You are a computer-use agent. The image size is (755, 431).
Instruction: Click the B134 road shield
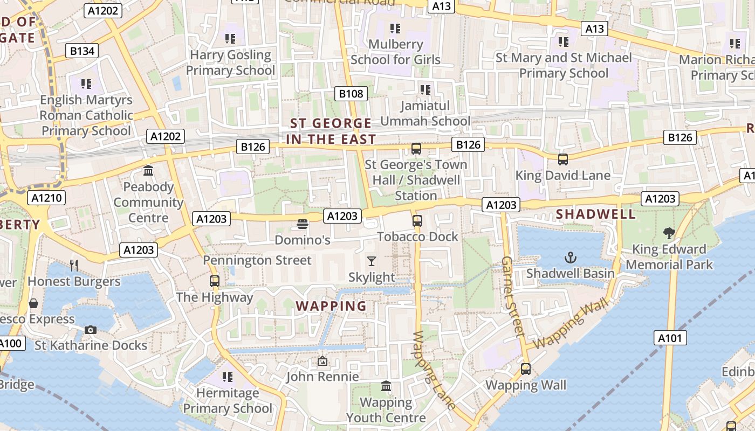[83, 51]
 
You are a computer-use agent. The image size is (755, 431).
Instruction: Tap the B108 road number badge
[351, 94]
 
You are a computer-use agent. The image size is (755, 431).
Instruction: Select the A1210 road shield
[48, 198]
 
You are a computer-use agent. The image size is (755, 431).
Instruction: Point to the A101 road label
[671, 338]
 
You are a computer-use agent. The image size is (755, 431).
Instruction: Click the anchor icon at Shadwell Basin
[570, 258]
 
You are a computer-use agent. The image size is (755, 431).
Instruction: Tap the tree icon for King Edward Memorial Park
[669, 233]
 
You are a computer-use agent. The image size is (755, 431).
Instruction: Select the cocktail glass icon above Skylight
[372, 261]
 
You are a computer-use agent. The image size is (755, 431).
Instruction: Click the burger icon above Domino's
[302, 224]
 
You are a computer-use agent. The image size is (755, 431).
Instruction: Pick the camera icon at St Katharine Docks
[91, 330]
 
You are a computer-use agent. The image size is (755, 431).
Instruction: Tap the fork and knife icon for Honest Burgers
[74, 265]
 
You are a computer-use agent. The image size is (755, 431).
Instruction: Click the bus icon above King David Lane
[563, 159]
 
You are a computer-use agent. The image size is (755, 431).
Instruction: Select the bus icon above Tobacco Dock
[417, 220]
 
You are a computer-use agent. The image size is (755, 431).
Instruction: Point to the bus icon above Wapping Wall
[526, 369]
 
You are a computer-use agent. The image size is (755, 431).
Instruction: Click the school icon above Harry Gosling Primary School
[230, 39]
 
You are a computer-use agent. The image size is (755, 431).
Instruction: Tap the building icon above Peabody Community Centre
[148, 171]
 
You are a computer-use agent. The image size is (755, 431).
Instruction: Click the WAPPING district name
[331, 307]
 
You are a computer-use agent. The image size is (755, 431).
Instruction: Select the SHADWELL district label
[596, 214]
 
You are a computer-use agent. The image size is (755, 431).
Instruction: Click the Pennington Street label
[257, 260]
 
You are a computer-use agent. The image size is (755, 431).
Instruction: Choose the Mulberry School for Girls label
[395, 52]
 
